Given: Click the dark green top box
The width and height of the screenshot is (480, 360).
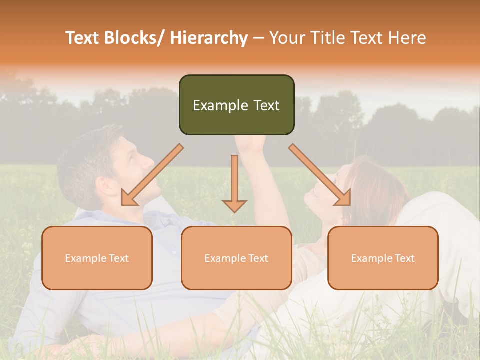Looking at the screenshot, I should click(x=236, y=105).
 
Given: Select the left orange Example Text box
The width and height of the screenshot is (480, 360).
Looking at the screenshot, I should click(x=97, y=258).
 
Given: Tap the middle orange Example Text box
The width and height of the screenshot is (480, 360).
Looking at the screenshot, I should click(x=236, y=258).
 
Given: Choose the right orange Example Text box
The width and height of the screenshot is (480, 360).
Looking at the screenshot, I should click(x=383, y=258).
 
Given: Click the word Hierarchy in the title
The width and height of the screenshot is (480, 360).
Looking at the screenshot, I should click(x=209, y=38).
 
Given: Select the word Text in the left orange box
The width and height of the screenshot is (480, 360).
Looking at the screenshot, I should click(x=118, y=258).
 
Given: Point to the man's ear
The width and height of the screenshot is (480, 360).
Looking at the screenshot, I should click(x=103, y=186).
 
